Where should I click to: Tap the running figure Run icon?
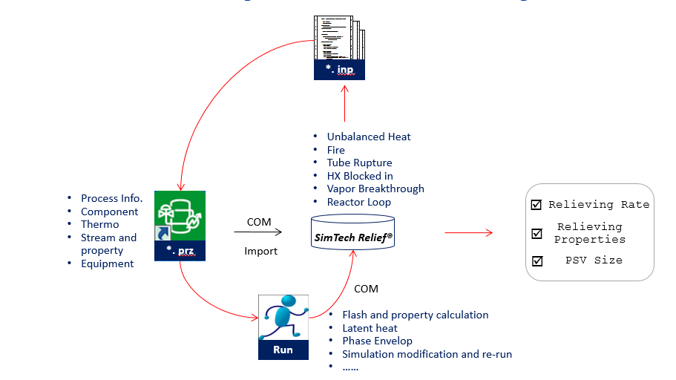coord(283,327)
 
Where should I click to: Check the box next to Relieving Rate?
coord(536,205)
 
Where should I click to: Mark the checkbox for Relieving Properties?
coord(536,233)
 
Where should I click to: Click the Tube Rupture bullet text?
coord(359,163)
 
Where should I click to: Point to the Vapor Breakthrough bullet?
coord(375,189)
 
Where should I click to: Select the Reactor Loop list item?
coord(358,202)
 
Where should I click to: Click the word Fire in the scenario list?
coord(336,150)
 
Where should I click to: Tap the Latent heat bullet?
coord(370,328)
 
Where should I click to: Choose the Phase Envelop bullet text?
coord(376,341)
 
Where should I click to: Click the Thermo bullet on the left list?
coord(99,224)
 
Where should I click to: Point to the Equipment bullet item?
coord(108,263)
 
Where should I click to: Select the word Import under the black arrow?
coord(260,251)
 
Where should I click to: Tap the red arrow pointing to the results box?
coord(468,233)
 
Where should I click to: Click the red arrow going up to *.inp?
coord(345,103)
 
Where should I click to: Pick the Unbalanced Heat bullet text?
coord(369,137)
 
